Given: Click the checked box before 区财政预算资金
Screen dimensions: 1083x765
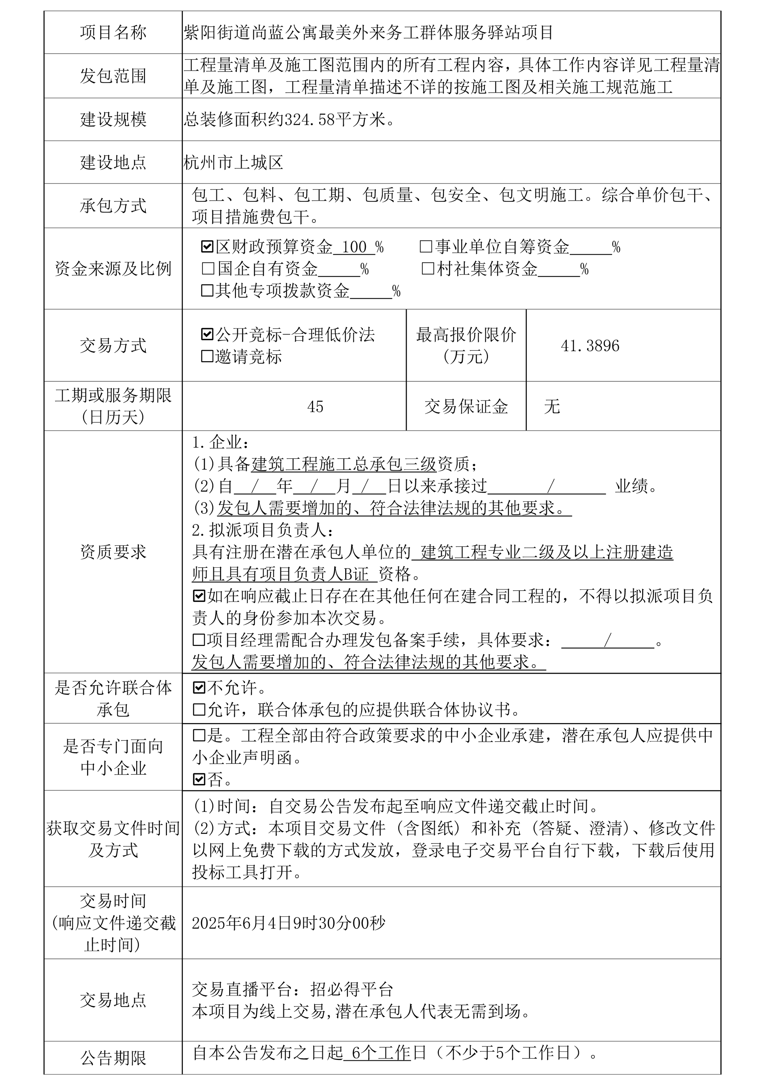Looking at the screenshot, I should pos(207,246).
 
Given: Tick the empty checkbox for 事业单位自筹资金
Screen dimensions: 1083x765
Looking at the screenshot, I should pos(426,246).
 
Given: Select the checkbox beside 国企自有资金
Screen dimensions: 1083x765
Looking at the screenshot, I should pos(207,269).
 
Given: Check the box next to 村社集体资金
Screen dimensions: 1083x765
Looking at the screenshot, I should pos(428,269).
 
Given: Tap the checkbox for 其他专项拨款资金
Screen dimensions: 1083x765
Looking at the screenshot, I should pos(207,291).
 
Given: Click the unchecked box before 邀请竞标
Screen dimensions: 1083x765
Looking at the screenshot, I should pos(207,356).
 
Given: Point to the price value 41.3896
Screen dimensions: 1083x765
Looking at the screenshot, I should pos(590,346).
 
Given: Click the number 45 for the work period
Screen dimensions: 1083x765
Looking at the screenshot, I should pos(315,407).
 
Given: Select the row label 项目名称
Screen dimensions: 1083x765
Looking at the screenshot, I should pos(113,32).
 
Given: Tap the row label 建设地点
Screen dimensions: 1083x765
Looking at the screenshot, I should pos(113,163).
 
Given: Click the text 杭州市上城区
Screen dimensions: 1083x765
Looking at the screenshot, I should pos(233,163).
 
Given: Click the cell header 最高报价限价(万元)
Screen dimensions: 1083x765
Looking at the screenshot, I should pos(466,345).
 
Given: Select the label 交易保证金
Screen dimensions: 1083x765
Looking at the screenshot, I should pos(466,407).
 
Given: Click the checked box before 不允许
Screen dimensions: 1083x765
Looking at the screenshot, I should pos(199,688).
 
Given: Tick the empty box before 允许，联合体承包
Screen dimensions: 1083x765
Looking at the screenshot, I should pos(199,709).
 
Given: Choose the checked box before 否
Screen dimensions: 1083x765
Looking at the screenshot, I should pos(199,779).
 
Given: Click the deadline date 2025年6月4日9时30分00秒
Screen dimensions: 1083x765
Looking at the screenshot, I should pos(288,923).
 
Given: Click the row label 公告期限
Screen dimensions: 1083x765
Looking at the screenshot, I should pos(113,1058).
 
